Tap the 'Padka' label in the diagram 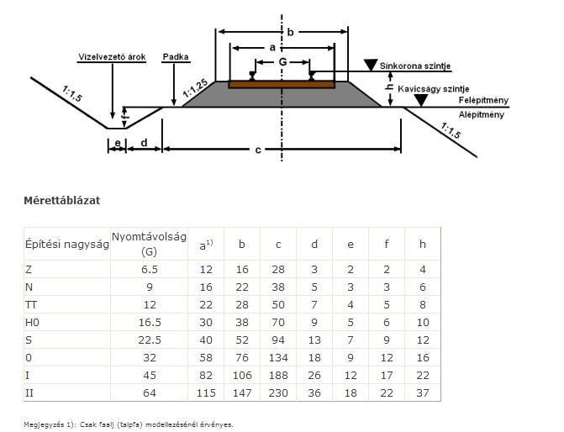click(177, 57)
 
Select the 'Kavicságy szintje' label click(434, 87)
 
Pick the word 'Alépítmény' click(482, 113)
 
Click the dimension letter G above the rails click(282, 62)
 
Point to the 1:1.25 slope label click(194, 87)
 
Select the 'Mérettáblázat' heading click(62, 200)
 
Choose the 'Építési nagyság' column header click(66, 245)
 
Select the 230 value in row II click(278, 392)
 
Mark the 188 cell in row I click(278, 374)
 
